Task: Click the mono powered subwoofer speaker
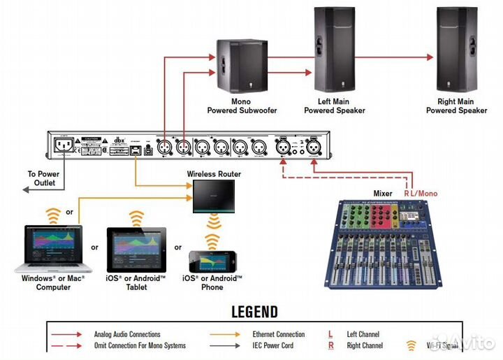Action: click(241, 67)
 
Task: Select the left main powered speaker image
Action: click(335, 51)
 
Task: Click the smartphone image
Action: click(212, 261)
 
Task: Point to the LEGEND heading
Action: click(254, 312)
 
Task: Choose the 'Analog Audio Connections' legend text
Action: click(127, 334)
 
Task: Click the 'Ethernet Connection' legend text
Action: click(279, 334)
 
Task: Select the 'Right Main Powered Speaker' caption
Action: click(457, 106)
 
